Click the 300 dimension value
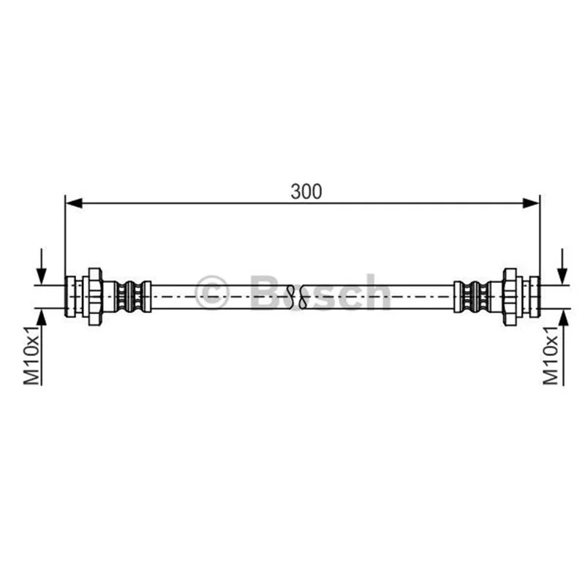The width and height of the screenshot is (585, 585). point(306,192)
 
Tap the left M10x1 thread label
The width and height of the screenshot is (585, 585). point(31,355)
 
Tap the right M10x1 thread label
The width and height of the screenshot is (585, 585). point(551,355)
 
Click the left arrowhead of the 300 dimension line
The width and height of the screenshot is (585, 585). point(74,203)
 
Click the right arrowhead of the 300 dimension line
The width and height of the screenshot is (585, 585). point(531,203)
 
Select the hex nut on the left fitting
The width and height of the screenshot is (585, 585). point(95,297)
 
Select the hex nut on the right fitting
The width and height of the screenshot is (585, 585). point(510,297)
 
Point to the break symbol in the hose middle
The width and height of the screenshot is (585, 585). point(297,297)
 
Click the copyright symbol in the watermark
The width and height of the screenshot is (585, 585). point(211,292)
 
